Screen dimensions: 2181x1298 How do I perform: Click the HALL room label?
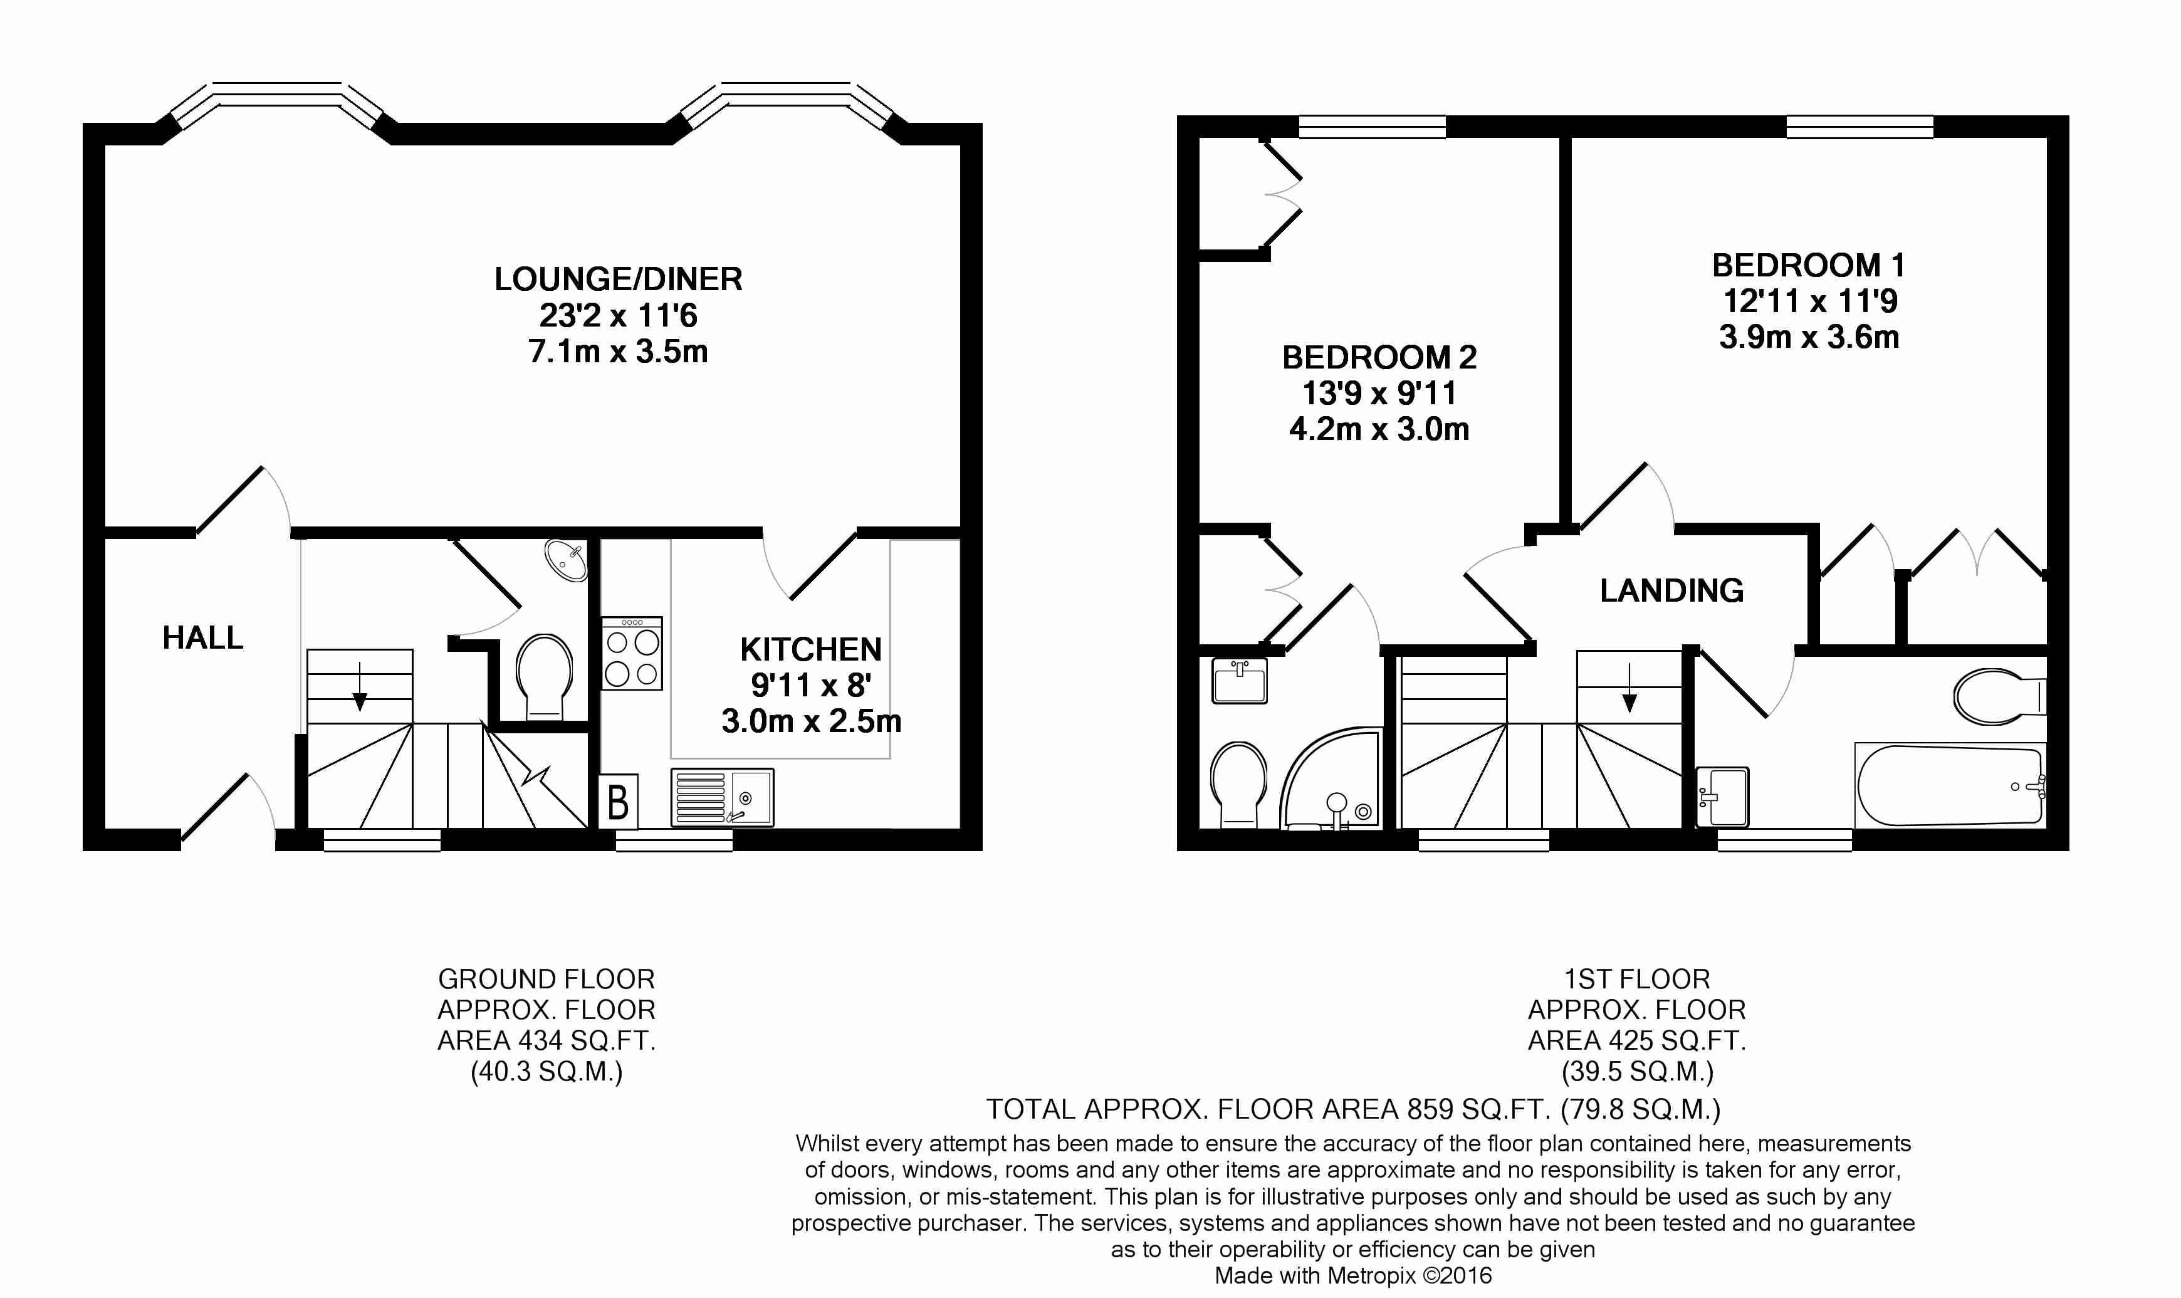tap(203, 637)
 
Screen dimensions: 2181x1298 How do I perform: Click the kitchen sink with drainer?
tap(723, 797)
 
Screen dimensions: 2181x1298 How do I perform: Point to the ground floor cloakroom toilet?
tap(543, 677)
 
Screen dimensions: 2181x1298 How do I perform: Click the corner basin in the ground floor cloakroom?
tap(567, 561)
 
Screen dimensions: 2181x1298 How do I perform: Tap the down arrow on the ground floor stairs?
tap(359, 685)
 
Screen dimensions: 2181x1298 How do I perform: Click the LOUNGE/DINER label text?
tap(619, 279)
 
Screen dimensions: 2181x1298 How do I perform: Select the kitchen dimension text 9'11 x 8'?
tap(810, 685)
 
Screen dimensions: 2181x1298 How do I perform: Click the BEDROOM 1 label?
tap(1809, 265)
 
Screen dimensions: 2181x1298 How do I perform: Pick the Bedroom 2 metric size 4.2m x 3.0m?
tap(1379, 429)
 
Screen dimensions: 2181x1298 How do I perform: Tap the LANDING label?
tap(1672, 591)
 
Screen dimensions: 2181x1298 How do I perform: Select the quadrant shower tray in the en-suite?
tap(1332, 778)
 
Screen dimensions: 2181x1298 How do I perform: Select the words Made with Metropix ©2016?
tap(1353, 1276)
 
